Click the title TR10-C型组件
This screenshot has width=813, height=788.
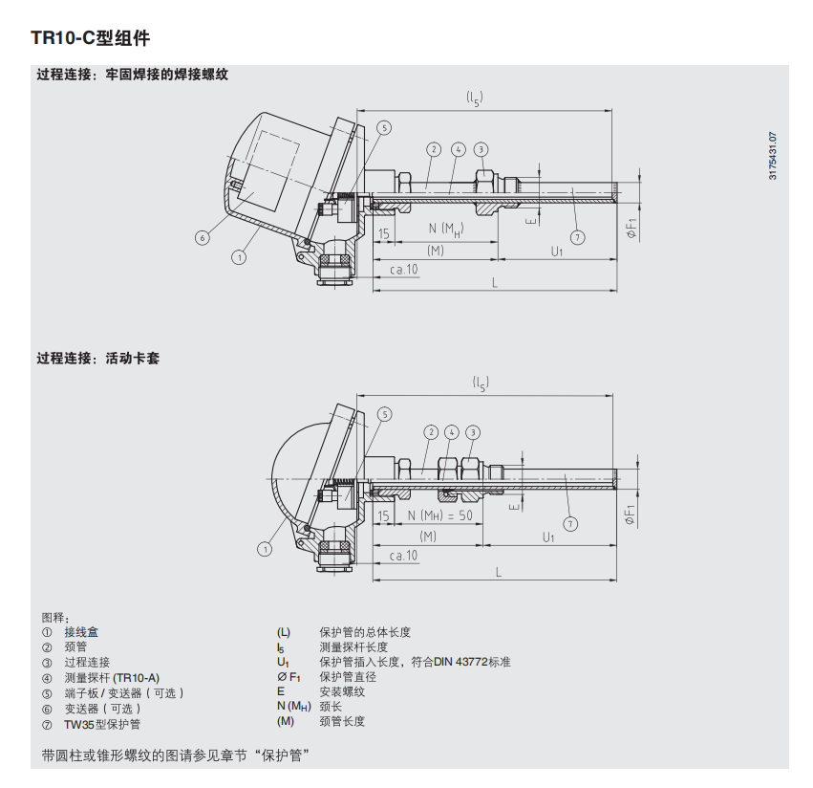point(90,38)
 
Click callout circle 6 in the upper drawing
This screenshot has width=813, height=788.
point(203,238)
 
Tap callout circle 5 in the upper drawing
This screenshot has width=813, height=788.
point(384,128)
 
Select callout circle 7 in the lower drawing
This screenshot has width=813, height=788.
point(570,524)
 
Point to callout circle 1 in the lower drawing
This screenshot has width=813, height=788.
point(265,549)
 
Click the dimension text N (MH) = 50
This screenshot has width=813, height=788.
point(439,515)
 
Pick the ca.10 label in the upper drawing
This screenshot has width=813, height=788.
point(403,270)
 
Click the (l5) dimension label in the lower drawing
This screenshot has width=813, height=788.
point(481,383)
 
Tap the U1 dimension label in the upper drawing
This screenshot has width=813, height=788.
point(557,252)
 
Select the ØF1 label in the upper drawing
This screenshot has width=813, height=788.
point(631,229)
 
